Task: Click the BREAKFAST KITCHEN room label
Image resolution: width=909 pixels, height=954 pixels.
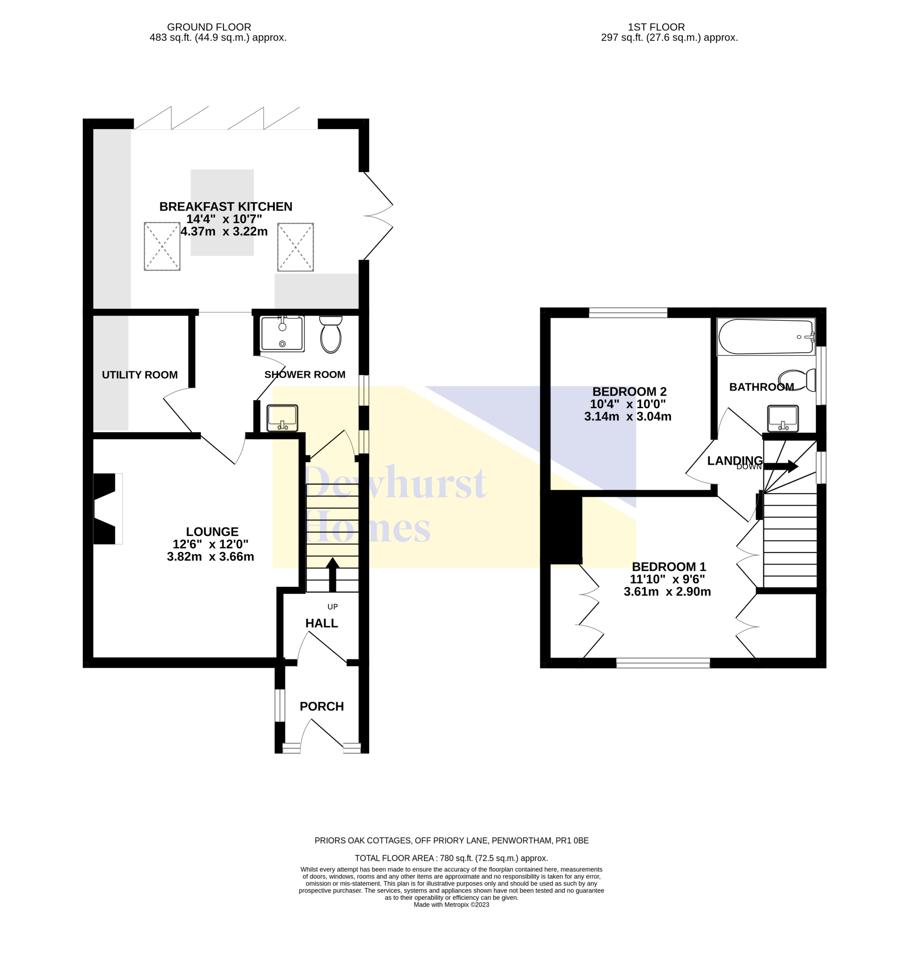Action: pyautogui.click(x=226, y=207)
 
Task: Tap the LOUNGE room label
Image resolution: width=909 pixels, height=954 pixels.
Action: pyautogui.click(x=212, y=531)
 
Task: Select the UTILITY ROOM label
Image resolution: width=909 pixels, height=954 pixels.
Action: pyautogui.click(x=140, y=375)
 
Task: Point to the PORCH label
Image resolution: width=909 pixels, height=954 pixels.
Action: pyautogui.click(x=322, y=706)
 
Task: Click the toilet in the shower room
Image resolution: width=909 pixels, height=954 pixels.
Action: pyautogui.click(x=331, y=335)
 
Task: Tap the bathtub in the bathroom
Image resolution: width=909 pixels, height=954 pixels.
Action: pyautogui.click(x=766, y=336)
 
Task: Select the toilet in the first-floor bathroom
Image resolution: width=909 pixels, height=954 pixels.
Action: pyautogui.click(x=797, y=380)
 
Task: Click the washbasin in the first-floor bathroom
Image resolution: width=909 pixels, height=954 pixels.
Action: pyautogui.click(x=783, y=418)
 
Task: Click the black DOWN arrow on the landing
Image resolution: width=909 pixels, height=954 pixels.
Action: pyautogui.click(x=781, y=467)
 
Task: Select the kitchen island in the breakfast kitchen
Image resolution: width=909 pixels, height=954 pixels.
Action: pyautogui.click(x=222, y=212)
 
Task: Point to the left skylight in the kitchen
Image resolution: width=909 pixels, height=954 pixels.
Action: pyautogui.click(x=162, y=246)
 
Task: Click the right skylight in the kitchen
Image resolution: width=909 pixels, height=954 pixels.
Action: pyautogui.click(x=295, y=247)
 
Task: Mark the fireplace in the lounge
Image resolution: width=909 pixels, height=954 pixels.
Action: pyautogui.click(x=108, y=509)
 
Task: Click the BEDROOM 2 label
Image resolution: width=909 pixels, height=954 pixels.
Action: pyautogui.click(x=629, y=391)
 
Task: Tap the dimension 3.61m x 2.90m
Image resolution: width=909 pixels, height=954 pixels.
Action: pyautogui.click(x=667, y=592)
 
